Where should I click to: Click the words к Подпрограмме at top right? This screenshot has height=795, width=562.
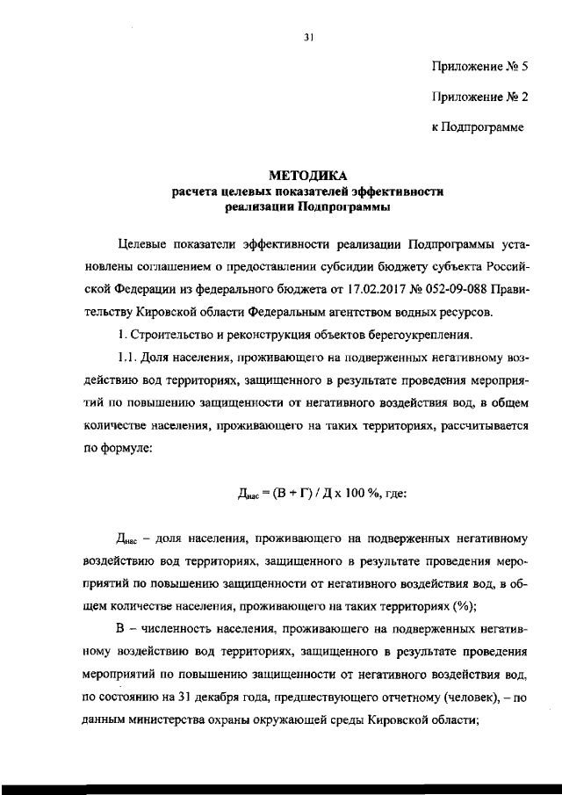[x=477, y=128]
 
